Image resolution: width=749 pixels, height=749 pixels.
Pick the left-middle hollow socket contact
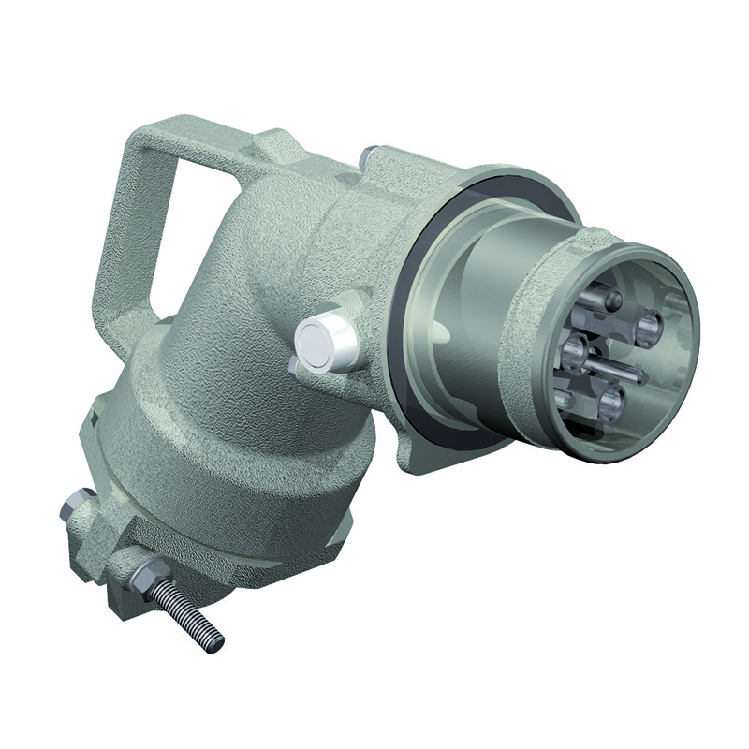pos(573,351)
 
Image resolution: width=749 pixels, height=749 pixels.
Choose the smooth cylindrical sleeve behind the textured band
pos(468,309)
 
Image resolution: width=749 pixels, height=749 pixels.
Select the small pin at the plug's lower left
pos(565,401)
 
